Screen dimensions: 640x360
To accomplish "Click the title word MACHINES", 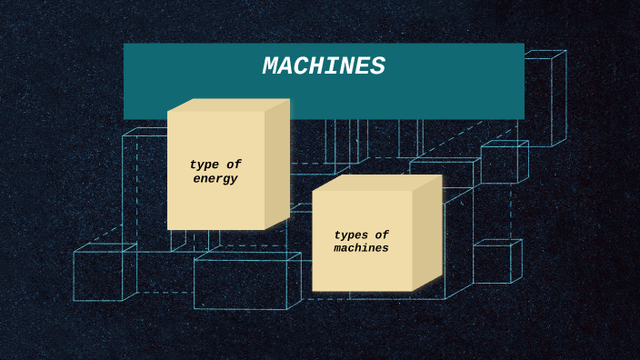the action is (x=324, y=66).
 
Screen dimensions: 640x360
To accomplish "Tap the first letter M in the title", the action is (x=273, y=66).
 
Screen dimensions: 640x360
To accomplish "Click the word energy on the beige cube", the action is (x=215, y=179).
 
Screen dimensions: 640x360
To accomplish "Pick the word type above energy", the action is (x=205, y=165).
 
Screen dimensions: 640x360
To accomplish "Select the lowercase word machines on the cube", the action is (x=361, y=248).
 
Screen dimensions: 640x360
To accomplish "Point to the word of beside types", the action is (x=382, y=235).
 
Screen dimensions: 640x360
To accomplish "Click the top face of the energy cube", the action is (x=227, y=105).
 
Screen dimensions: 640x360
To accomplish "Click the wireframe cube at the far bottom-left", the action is (x=100, y=275).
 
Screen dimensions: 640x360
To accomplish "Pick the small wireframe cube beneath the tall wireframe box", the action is (x=502, y=164).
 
